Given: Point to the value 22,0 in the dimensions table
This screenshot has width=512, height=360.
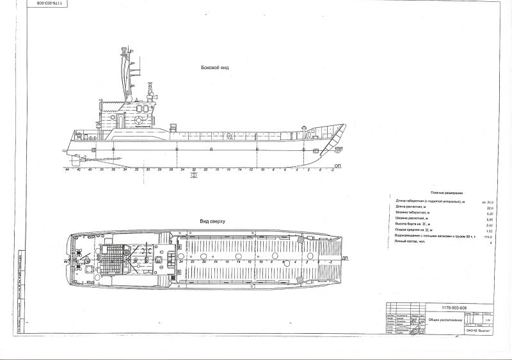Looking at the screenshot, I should coord(491,207).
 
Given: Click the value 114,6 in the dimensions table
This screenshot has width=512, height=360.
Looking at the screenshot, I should coord(490,237).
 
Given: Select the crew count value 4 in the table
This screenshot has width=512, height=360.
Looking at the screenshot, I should coord(491,242).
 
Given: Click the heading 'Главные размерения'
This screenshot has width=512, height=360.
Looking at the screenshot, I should coord(445,192).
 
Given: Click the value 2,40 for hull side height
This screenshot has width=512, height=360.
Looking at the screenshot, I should coord(490,224).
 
